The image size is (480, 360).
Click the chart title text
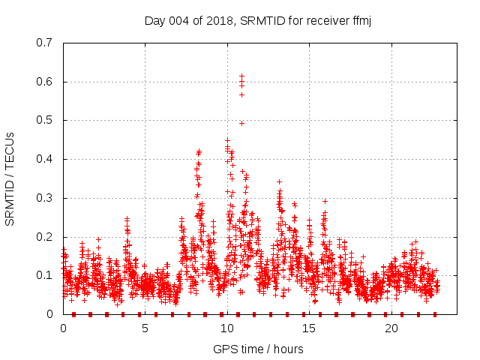coord(258,20)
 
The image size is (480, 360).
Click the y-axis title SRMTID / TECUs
coord(10,178)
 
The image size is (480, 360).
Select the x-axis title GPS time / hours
coord(258,349)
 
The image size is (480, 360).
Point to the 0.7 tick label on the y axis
coord(44,43)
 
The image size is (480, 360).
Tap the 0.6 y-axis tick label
coord(44,82)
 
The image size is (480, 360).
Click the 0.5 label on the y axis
coord(44,120)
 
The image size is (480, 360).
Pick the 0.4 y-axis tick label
coord(44,159)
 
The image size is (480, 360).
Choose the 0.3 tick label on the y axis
coord(44,198)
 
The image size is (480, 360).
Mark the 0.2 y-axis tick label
coord(44,237)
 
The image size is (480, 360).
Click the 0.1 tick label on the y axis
coord(44,276)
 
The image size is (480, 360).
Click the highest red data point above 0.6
coord(241,76)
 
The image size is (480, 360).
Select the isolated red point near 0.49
coord(241,123)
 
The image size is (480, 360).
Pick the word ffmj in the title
coord(361,20)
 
